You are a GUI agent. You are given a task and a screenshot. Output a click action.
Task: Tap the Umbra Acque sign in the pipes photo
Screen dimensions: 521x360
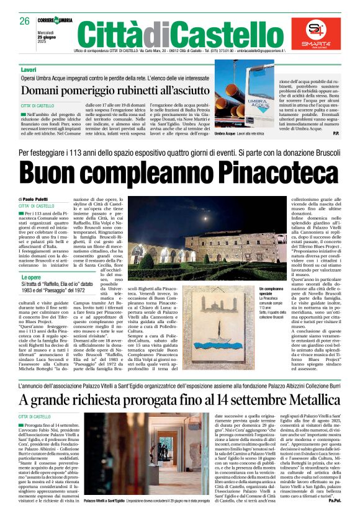pyautogui.click(x=244, y=104)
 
